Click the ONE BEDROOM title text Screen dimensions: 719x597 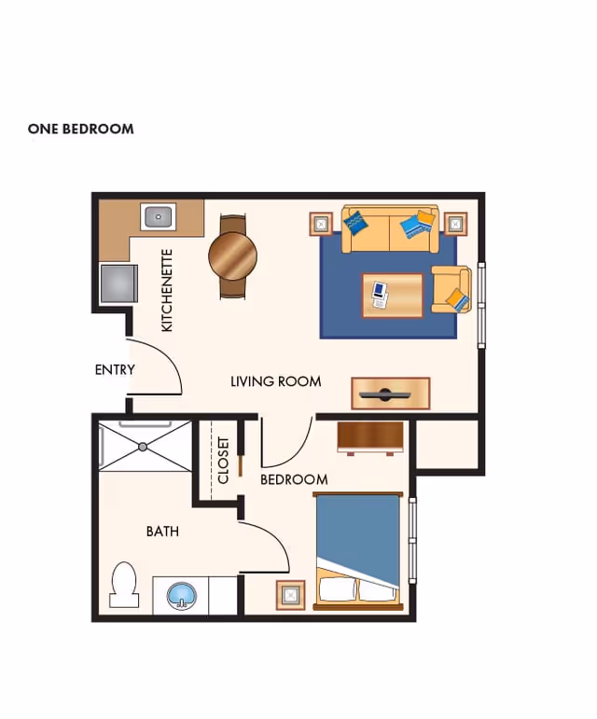[80, 129]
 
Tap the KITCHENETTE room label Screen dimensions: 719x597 [168, 290]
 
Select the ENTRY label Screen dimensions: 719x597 [115, 369]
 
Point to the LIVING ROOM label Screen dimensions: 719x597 [275, 381]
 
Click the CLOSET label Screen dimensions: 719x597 [224, 461]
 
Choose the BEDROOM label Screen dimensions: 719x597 [294, 479]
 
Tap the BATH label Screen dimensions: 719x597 [162, 532]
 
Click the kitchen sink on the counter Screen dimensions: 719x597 [159, 217]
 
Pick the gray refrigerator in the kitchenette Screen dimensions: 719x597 [118, 283]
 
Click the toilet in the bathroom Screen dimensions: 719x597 [123, 584]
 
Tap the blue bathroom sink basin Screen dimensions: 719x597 [182, 596]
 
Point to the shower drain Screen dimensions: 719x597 [143, 447]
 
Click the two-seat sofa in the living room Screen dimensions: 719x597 [389, 229]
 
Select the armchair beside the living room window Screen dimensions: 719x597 [451, 289]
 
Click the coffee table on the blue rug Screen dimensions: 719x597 [392, 295]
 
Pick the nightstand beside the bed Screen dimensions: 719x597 [291, 594]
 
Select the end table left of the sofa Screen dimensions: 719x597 [322, 224]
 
